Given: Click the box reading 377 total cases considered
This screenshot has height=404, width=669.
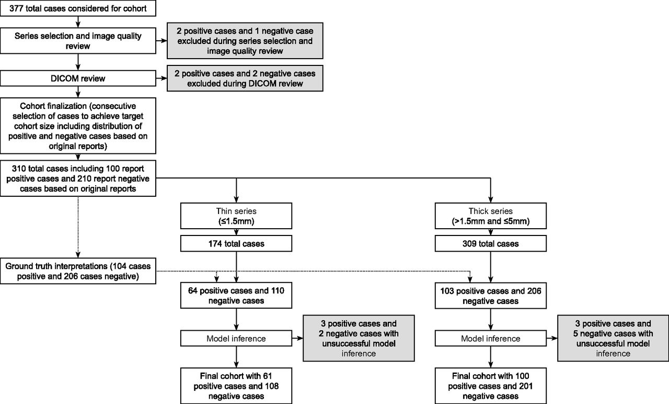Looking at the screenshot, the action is [78, 8].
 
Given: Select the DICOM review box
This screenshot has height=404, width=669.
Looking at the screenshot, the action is [78, 78].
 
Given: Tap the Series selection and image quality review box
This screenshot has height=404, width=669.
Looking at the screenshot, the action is [78, 41].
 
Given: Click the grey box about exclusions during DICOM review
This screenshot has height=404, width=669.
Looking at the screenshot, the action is [245, 78].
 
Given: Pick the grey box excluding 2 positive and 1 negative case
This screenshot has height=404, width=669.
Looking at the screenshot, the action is [245, 41].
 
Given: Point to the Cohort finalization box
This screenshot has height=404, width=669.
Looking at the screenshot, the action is [78, 126].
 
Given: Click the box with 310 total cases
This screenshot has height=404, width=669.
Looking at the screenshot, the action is [78, 178].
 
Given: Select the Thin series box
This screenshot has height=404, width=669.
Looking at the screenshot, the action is [236, 216].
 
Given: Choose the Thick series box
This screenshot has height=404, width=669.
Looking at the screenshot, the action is [491, 216].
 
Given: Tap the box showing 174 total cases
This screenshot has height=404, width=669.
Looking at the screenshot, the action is [236, 243].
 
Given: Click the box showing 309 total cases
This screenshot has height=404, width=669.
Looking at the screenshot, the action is [491, 243].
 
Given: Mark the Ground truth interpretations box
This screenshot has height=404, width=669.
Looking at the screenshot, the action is [78, 271].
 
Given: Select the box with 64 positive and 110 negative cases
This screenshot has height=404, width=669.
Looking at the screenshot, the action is [236, 296].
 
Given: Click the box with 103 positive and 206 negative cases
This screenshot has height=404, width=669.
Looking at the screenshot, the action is [491, 296].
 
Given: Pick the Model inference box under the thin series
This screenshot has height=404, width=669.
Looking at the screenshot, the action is [236, 338].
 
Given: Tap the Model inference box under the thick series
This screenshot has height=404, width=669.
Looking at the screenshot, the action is [491, 338].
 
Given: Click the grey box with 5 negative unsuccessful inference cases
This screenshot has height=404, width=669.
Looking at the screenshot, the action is [613, 338].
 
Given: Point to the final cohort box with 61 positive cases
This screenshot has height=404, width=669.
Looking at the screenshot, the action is [236, 386].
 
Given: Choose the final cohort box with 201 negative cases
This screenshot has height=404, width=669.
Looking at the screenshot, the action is [491, 386].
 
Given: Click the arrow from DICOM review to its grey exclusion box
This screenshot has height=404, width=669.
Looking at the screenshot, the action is [162, 78].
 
